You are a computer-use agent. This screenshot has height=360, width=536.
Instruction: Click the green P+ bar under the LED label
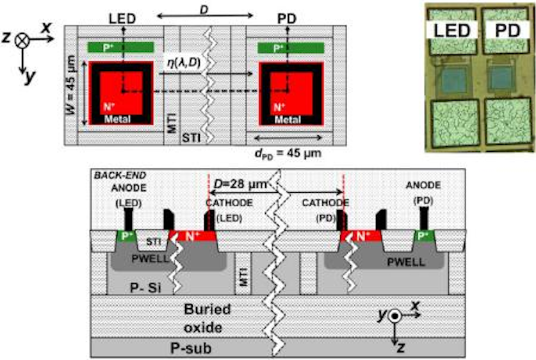[121, 48]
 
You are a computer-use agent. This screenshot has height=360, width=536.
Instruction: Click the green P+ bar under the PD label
[291, 48]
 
